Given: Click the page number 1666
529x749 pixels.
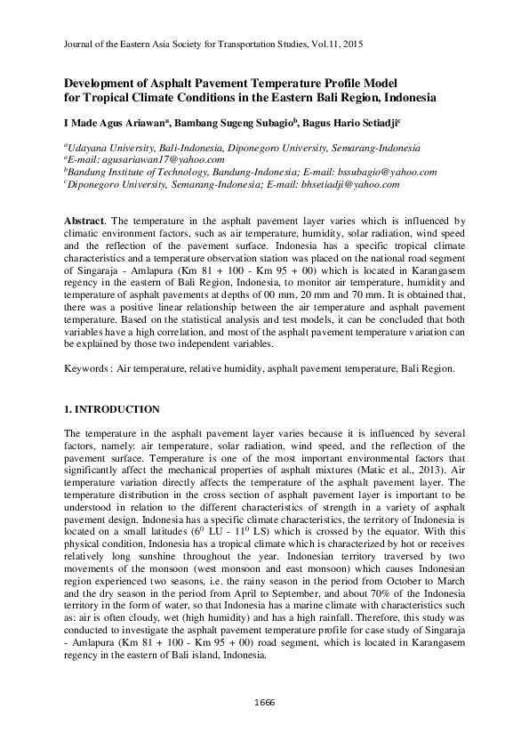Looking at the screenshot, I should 264,703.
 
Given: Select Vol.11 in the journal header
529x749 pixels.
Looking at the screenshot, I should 325,43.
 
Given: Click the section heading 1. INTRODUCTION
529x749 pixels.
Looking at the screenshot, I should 113,409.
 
